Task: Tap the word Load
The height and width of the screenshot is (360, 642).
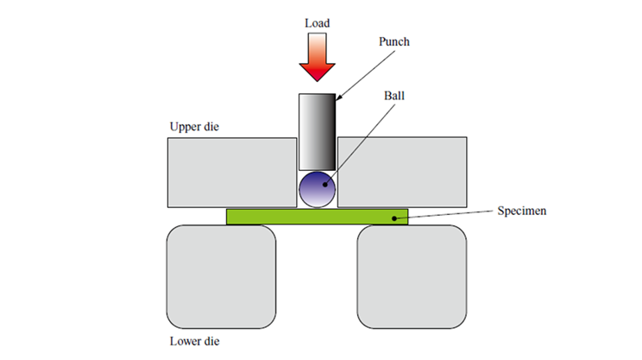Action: [x=317, y=22]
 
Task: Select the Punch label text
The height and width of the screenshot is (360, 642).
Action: [x=394, y=41]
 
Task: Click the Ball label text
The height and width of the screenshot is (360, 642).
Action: [x=394, y=96]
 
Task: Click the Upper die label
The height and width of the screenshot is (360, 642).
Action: [x=195, y=127]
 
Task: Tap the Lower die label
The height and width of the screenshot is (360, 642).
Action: [x=195, y=340]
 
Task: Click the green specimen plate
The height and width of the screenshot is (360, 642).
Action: [x=285, y=217]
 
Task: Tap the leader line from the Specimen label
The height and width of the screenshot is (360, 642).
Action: [x=449, y=214]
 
